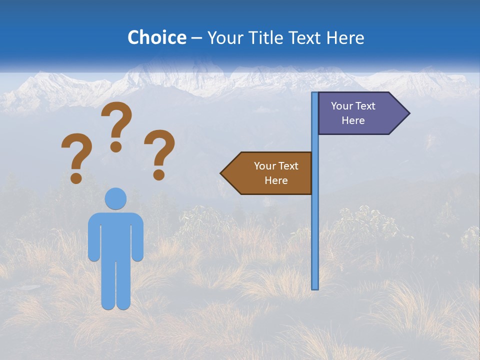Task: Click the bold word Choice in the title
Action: click(156, 37)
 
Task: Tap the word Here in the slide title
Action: click(345, 37)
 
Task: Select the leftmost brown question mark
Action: click(76, 152)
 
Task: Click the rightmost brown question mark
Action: click(159, 149)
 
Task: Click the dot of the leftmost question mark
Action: click(76, 177)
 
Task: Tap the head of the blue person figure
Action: click(115, 198)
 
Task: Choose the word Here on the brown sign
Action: click(276, 180)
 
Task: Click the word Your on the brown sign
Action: click(265, 166)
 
